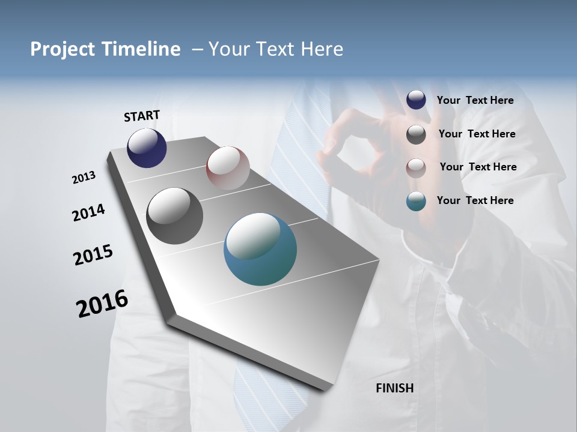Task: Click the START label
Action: click(x=142, y=115)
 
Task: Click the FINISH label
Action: click(x=394, y=388)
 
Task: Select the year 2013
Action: click(x=84, y=178)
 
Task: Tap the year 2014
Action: click(x=88, y=212)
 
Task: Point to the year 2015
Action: click(x=93, y=254)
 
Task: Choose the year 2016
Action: click(x=102, y=304)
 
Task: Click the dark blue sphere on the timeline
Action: click(x=147, y=148)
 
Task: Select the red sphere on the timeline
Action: click(x=228, y=167)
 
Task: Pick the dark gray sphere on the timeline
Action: click(x=175, y=215)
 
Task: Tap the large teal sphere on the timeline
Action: click(x=260, y=249)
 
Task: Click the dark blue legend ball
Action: click(x=416, y=100)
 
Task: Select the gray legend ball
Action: click(x=416, y=134)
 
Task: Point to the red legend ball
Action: click(x=416, y=167)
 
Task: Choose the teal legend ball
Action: click(x=416, y=201)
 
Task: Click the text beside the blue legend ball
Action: click(x=475, y=100)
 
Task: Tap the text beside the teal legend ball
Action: click(x=475, y=200)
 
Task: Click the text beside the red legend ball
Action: click(x=478, y=167)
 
